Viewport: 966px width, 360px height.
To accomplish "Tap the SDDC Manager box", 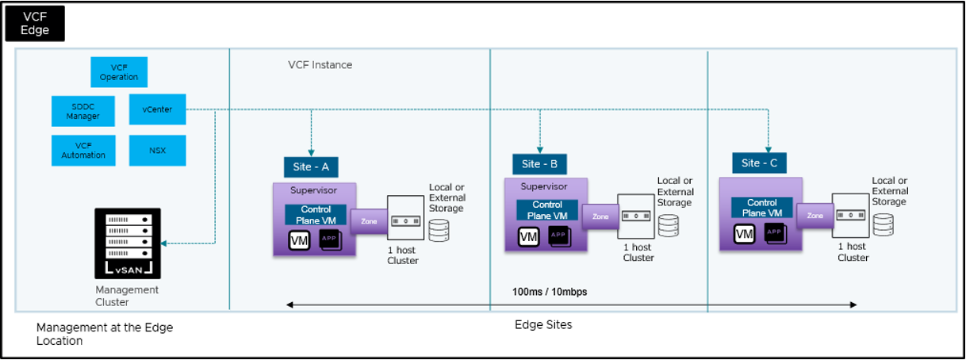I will pos(83,111).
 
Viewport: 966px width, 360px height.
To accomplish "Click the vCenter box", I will pos(157,109).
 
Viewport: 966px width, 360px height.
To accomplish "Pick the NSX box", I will pos(157,150).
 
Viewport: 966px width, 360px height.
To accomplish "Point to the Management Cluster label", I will pos(127,296).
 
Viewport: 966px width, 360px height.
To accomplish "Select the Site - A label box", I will pos(311,167).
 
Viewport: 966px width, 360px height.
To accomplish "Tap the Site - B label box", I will pos(539,165).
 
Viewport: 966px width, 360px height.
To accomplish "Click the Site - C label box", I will pos(759,163).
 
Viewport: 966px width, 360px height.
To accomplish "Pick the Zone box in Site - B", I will pos(600,216).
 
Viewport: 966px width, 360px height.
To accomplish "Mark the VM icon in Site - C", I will pos(744,233).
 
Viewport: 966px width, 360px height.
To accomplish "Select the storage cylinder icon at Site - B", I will pos(668,225).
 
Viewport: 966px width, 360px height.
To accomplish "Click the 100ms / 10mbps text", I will pos(550,292).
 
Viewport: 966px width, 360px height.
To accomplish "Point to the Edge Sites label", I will pos(543,325).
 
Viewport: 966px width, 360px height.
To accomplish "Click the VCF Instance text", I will pos(320,65).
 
